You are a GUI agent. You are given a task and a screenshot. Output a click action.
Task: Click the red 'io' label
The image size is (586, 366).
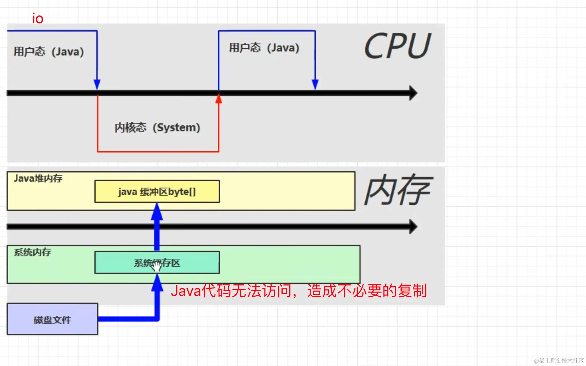point(38,19)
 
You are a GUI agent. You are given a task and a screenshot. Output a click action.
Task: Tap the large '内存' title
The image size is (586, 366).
point(398,190)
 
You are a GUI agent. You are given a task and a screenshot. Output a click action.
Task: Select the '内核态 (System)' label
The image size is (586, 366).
point(157,127)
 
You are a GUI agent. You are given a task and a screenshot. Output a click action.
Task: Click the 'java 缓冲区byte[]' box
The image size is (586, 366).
point(157,191)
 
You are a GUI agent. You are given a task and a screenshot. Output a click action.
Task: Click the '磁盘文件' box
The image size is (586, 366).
point(52,320)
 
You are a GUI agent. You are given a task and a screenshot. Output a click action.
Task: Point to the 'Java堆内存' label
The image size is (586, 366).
point(38,178)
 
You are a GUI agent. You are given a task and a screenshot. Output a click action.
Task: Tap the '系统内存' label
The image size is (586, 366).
point(32,252)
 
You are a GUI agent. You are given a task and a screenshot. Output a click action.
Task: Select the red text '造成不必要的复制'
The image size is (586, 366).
point(367,291)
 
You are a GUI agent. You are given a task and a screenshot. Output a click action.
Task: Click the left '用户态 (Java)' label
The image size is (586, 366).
point(49,51)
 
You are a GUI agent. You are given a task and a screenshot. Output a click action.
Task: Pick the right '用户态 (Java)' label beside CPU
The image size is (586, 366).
point(264,48)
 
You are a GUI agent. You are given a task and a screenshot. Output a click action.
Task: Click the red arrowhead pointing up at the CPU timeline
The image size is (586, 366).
point(219,99)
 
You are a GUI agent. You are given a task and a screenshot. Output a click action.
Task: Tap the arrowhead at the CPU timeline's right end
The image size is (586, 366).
point(413,93)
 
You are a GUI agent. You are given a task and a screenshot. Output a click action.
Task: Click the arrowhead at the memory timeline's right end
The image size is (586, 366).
point(413,227)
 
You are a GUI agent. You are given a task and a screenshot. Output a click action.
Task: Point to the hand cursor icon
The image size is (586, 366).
point(156,266)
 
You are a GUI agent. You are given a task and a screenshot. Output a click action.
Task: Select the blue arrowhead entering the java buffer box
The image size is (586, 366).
point(157,212)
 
